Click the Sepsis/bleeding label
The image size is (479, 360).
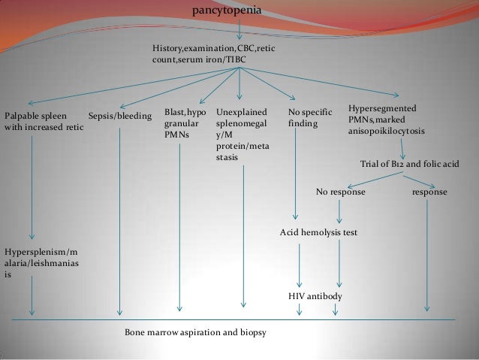click(x=119, y=116)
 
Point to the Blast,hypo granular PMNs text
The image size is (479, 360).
click(x=185, y=122)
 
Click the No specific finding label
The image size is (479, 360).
click(x=308, y=117)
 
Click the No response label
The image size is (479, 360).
click(x=341, y=192)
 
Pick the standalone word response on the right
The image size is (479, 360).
click(x=429, y=192)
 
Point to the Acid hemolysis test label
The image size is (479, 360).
click(x=318, y=233)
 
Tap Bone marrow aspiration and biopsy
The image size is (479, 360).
click(x=195, y=331)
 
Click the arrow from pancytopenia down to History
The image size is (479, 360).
click(x=239, y=30)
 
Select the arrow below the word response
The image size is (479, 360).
click(x=428, y=256)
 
